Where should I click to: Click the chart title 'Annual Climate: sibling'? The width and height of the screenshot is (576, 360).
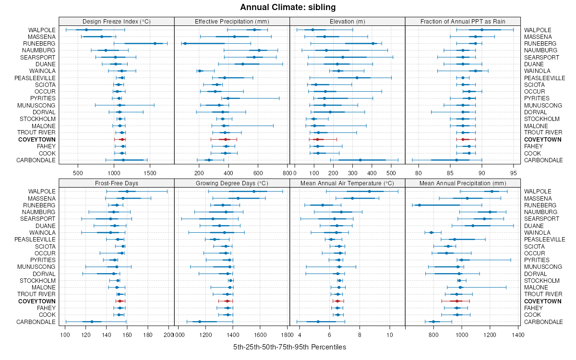288,7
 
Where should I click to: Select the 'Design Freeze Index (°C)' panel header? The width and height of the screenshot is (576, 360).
116,21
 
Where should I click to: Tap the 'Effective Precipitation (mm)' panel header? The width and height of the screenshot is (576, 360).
232,21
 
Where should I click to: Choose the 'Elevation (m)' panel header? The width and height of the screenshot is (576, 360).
348,21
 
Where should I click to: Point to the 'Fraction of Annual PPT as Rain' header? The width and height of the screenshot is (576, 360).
463,21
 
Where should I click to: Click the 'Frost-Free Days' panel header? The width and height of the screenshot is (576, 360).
116,183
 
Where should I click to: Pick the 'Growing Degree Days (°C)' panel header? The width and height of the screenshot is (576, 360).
232,183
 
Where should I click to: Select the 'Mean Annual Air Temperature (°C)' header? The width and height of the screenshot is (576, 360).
348,183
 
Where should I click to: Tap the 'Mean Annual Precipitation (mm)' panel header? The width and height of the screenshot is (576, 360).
463,183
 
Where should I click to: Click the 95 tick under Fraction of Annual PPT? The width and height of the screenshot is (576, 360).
513,172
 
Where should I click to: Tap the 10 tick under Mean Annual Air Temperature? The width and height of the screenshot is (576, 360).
389,334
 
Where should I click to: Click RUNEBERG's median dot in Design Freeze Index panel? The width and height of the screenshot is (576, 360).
155,43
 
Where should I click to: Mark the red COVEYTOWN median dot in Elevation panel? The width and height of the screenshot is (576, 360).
317,139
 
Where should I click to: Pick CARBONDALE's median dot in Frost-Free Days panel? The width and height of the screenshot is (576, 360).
92,322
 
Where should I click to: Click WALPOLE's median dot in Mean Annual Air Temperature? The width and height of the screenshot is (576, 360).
369,192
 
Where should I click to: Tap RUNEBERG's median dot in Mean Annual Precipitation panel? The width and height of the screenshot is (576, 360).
419,205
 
